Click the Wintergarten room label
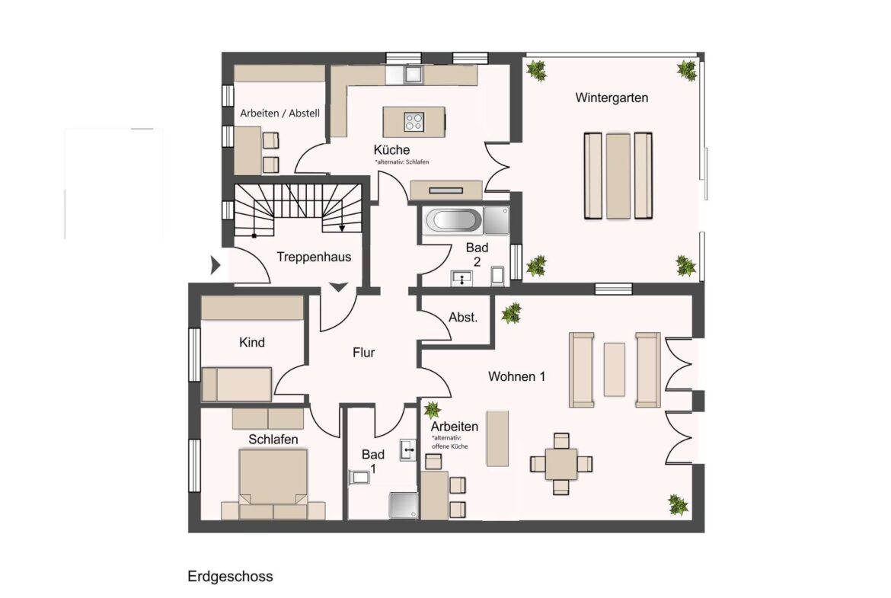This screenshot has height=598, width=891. click(612, 98)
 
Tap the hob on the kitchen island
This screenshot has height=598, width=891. click(414, 122)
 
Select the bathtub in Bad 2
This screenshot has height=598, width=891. click(454, 220)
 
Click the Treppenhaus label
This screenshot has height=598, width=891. click(314, 257)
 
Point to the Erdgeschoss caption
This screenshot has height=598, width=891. click(230, 577)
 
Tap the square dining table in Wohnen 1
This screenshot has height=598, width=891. click(560, 463)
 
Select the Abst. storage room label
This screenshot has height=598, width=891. click(463, 317)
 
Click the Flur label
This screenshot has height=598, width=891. click(364, 353)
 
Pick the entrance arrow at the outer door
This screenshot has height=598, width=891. click(216, 265)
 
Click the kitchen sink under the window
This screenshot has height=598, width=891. click(413, 75)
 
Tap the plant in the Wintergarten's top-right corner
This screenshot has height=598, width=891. click(687, 71)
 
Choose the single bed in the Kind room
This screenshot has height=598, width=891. click(236, 384)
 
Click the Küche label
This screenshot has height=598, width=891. click(391, 149)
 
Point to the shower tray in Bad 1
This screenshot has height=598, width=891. click(403, 505)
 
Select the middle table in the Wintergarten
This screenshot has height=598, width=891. click(618, 176)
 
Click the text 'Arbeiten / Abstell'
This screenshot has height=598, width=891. click(279, 113)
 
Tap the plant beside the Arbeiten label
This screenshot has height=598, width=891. click(432, 409)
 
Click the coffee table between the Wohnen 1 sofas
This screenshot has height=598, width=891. click(615, 369)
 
